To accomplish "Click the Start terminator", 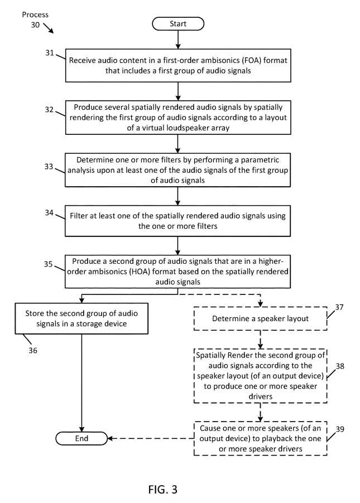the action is click(178, 24).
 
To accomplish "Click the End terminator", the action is click(81, 438).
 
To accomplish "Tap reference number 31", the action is click(50, 52).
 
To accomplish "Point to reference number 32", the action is click(49, 109).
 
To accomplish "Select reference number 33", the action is click(49, 167).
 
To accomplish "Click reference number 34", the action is click(49, 212).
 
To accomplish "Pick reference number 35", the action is click(48, 264).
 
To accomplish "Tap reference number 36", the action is click(33, 350).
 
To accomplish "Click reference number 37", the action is click(339, 307).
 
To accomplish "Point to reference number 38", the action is click(340, 366).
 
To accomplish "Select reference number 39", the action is click(340, 429).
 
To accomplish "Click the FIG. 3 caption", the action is click(163, 490).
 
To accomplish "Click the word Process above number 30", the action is click(35, 14).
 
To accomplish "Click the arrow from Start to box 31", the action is click(178, 40).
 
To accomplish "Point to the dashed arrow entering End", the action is click(151, 438).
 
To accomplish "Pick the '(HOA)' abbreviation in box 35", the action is click(140, 272).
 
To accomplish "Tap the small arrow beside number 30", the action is click(49, 28).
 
